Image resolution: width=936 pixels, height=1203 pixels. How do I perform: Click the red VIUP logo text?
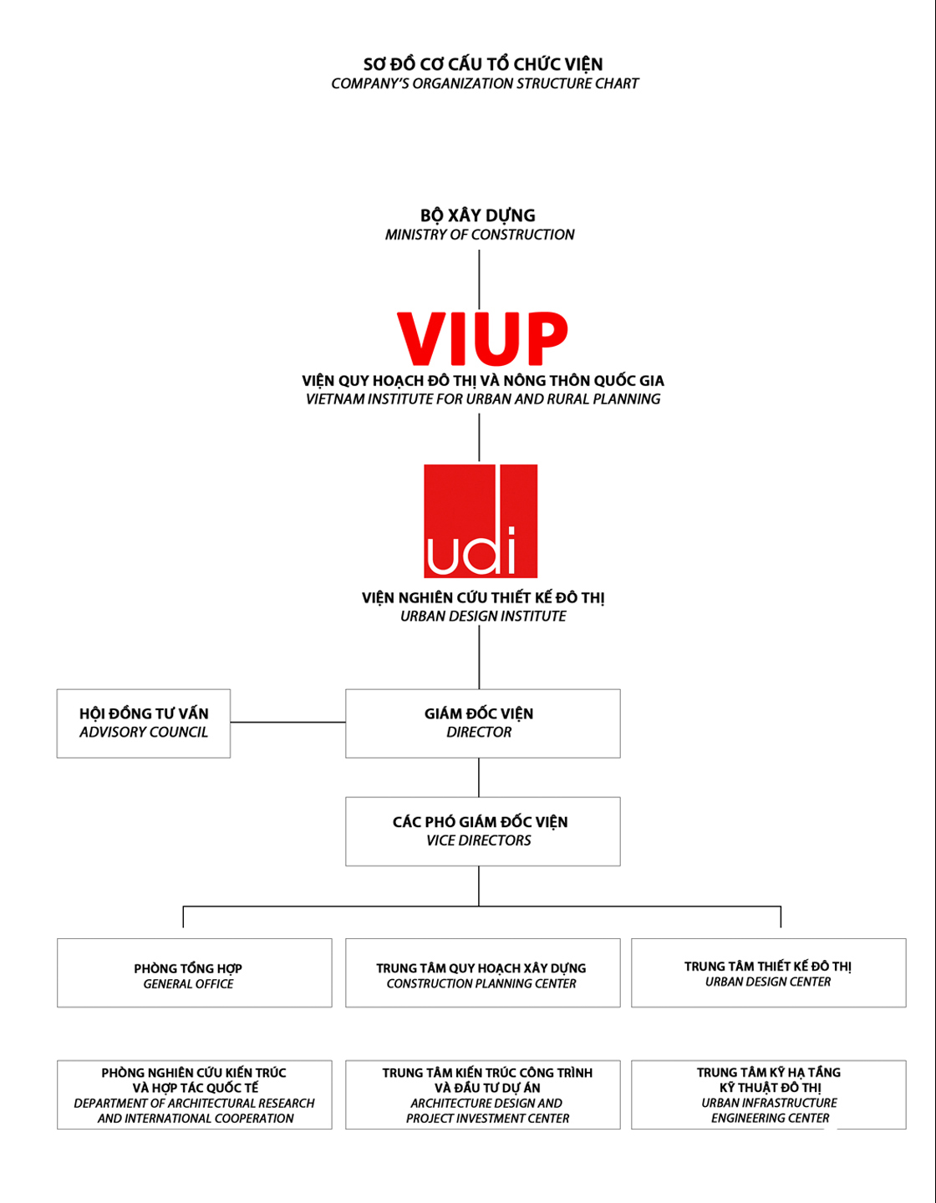coord(482,338)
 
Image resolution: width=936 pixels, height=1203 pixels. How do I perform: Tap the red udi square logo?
coord(481,520)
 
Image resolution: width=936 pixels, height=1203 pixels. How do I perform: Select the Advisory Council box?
coord(144,723)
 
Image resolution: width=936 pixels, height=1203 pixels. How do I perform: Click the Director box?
coord(482,723)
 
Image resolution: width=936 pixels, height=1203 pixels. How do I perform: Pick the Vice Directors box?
coord(482,831)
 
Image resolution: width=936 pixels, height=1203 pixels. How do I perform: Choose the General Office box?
coord(194,972)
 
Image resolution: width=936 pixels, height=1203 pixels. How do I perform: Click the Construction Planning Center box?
coord(482,972)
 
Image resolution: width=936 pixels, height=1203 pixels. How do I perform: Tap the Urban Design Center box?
coord(768,972)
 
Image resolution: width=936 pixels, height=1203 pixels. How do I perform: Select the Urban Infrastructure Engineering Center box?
coord(768,1094)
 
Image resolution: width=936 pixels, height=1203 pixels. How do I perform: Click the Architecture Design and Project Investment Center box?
coord(482,1094)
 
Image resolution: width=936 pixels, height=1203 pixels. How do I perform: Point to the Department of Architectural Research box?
coord(194,1094)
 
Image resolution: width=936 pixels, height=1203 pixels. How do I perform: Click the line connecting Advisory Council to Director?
coord(287,722)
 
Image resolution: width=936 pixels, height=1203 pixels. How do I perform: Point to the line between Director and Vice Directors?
coord(479,777)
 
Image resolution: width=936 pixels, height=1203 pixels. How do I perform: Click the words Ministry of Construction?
coord(480,235)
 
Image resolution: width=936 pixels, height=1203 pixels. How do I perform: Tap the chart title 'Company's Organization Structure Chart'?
coord(485,84)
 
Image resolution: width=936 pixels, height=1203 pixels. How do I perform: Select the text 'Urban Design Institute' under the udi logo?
coord(483,617)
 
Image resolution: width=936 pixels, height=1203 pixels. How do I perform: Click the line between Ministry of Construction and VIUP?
coord(479,280)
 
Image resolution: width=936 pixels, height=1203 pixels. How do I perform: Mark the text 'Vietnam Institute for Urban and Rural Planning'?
coord(483,399)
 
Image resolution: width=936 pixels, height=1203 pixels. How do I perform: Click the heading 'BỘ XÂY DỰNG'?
coord(478,216)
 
